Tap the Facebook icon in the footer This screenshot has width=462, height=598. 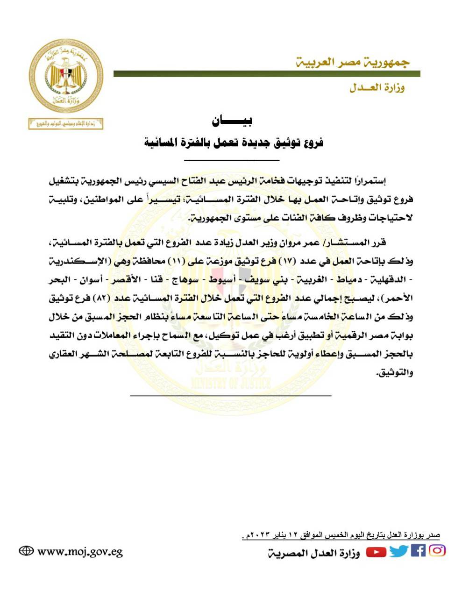pos(418,551)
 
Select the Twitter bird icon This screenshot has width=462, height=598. pos(398,551)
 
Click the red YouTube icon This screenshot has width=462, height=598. pos(376,552)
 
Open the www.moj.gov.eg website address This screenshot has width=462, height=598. pos(80,552)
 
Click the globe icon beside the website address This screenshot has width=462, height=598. pos(26,551)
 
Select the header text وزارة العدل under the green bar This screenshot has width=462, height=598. pos(377,88)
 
